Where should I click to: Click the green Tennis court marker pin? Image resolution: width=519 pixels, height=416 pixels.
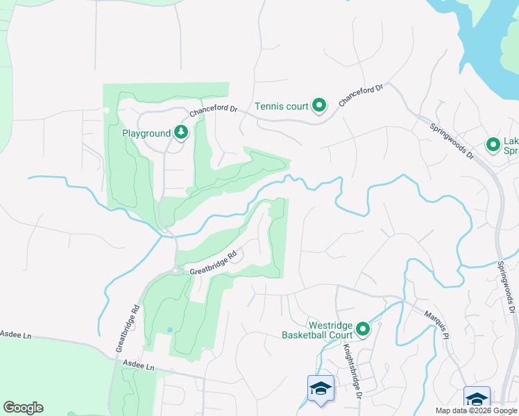point(319,106)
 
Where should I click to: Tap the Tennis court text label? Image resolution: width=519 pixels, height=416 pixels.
point(282,107)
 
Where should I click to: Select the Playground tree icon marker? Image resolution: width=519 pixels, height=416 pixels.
point(181,132)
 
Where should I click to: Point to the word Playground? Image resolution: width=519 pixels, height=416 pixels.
point(146,133)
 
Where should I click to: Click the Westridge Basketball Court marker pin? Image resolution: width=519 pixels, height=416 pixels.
point(363,329)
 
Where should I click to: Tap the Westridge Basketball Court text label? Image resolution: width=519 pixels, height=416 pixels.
point(317,329)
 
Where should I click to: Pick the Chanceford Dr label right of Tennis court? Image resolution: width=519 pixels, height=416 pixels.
point(361,96)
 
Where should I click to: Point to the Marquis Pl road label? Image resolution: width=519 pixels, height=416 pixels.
point(436,323)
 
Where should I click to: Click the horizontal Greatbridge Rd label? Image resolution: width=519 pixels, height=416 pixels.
point(214,261)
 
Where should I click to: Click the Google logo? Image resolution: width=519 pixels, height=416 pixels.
point(23,408)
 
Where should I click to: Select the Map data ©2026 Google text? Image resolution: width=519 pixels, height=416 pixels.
point(476,410)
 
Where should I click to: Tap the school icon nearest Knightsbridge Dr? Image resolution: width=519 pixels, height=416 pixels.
point(321,388)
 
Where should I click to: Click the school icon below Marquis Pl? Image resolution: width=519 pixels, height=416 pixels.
point(477,399)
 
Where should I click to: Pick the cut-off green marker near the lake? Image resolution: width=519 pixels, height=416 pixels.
point(493,144)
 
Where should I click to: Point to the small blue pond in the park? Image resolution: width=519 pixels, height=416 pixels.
point(169,329)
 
